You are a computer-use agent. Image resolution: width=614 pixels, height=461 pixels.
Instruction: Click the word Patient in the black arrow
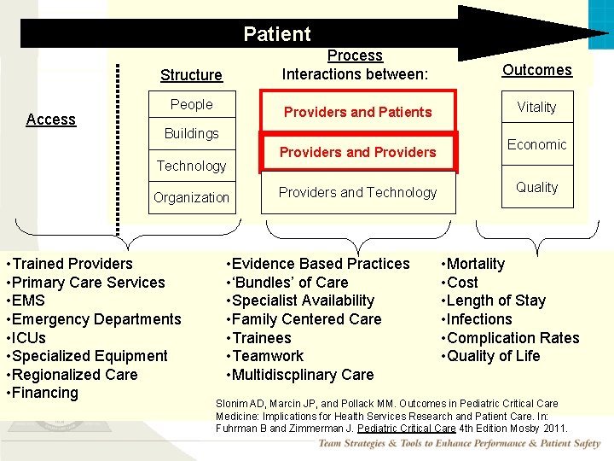tap(277, 34)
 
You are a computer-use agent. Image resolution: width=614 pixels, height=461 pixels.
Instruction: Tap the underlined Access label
tap(51, 120)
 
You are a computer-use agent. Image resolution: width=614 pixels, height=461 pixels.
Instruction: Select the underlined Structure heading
tap(191, 75)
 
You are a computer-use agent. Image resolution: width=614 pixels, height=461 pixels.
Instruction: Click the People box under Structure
tap(191, 104)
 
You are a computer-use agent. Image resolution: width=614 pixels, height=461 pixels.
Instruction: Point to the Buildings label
tap(192, 133)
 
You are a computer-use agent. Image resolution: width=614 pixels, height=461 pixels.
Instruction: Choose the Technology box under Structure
tap(191, 166)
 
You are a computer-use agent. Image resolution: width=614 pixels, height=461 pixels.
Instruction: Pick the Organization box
tap(191, 197)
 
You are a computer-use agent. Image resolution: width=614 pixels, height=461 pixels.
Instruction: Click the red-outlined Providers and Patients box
tap(358, 112)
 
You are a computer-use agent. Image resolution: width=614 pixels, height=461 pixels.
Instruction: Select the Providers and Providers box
tap(358, 152)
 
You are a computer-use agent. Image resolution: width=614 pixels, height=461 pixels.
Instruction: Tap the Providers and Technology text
tap(358, 192)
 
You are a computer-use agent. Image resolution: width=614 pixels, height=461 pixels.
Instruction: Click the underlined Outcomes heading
tap(537, 70)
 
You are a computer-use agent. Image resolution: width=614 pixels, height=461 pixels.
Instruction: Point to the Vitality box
tap(537, 107)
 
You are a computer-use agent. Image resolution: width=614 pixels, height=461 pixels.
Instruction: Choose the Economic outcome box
tap(537, 144)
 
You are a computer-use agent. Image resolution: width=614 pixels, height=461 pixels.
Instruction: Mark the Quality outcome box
tap(537, 187)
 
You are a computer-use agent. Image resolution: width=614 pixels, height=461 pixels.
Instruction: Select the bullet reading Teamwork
tap(268, 356)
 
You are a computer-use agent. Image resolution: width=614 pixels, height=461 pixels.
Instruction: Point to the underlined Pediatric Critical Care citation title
tap(406, 428)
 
